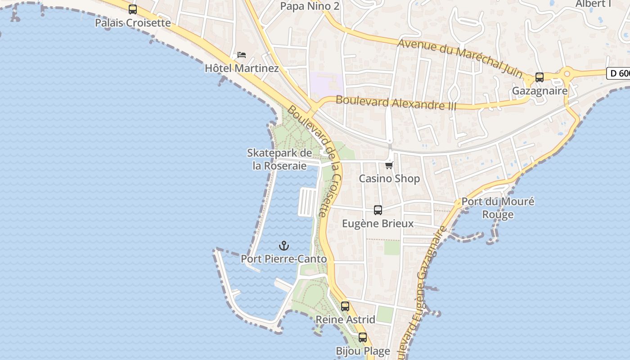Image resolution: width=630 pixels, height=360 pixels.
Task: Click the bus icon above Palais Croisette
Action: pos(133,9)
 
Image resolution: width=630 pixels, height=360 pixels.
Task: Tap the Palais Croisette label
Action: pos(133,22)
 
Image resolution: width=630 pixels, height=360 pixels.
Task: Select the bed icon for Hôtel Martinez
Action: pos(242,55)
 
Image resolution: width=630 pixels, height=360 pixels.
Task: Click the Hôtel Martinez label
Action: pos(242,68)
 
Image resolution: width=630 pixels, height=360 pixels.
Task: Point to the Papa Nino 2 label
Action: pos(310,6)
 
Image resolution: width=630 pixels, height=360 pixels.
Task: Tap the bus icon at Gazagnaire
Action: pos(540,77)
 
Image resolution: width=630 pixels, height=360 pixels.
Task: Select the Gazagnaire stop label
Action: pos(540,91)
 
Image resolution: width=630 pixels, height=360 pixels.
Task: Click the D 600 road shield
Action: pos(619,73)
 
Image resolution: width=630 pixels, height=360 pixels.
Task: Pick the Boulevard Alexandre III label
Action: pos(396,103)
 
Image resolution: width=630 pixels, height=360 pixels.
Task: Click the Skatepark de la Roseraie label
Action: pos(279,159)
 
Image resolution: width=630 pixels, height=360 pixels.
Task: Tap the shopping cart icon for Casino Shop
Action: pos(389,165)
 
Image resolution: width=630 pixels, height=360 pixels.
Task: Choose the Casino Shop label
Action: pos(389,179)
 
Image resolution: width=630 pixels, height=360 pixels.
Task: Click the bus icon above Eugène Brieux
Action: pos(378,210)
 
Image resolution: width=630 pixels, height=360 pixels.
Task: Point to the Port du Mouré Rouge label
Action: pos(498,207)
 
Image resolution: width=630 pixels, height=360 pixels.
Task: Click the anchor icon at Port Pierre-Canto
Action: pos(284,246)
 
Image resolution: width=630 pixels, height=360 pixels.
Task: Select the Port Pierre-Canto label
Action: pos(283,259)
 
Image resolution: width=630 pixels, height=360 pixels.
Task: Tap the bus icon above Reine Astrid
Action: pos(345,306)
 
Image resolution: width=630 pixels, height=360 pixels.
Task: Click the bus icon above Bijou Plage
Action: pos(363,337)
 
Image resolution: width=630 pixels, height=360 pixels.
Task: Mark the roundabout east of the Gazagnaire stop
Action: pos(567,73)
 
